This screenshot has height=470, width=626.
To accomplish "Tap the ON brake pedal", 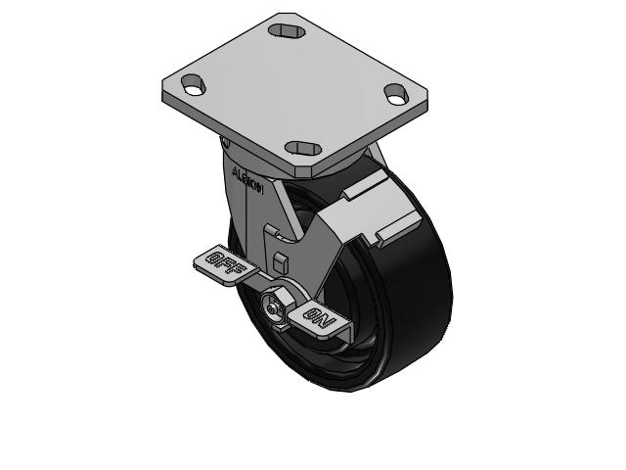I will point(320,319).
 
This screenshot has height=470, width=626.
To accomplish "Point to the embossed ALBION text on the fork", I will point(246,181).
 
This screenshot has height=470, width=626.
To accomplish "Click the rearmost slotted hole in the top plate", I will point(286,32).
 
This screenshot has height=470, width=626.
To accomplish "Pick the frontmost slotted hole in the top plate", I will point(302,148).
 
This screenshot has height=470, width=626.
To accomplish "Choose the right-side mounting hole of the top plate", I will point(396,94).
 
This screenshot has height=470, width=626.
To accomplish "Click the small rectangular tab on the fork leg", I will point(281,262).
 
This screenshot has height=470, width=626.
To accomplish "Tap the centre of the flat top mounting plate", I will point(293,88).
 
